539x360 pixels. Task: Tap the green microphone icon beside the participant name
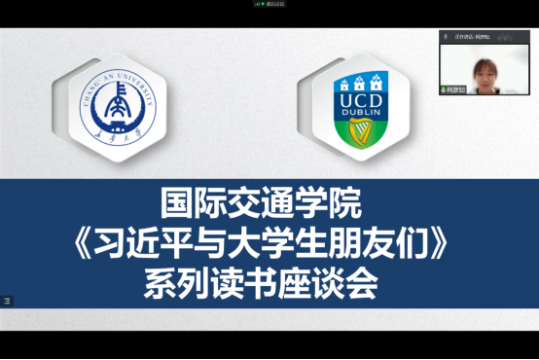(445, 90)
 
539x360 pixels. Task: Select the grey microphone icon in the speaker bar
(447, 36)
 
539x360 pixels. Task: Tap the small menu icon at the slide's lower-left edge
(7, 301)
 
